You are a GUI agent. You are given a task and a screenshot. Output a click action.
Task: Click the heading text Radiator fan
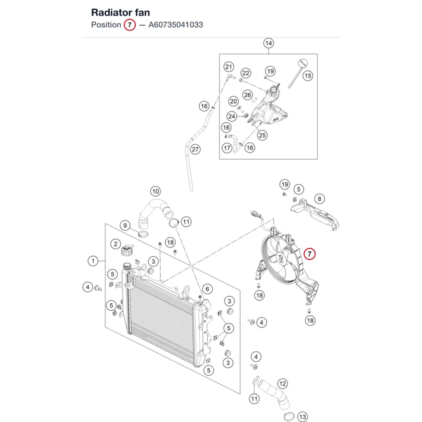(x=120, y=13)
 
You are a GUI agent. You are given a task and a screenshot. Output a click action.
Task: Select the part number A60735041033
(x=176, y=25)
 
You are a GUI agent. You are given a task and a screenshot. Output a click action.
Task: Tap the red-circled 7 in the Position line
(x=130, y=25)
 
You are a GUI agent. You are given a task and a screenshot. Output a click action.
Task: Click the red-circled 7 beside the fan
(x=309, y=254)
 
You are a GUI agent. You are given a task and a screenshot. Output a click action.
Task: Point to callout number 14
(x=268, y=43)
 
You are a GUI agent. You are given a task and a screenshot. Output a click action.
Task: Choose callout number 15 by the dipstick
(x=308, y=76)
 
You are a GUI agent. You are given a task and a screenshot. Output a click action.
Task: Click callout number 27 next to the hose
(x=195, y=149)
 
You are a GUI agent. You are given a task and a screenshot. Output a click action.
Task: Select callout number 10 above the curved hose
(x=155, y=191)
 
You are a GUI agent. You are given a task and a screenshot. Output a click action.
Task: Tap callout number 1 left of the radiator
(x=93, y=261)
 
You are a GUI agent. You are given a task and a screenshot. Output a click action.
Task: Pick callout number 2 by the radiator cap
(x=116, y=244)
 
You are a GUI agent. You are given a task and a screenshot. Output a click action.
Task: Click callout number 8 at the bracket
(x=319, y=199)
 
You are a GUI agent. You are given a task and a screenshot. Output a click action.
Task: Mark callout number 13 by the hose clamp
(x=303, y=417)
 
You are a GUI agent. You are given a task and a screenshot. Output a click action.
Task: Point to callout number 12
(x=283, y=384)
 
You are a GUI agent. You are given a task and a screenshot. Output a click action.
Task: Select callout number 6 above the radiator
(x=207, y=289)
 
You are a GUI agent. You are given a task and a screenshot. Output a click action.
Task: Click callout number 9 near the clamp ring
(x=125, y=225)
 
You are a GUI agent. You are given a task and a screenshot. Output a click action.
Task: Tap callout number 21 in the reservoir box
(x=228, y=67)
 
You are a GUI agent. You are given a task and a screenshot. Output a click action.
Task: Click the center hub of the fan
(x=281, y=259)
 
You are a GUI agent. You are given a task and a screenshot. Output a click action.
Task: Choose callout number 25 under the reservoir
(x=262, y=135)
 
